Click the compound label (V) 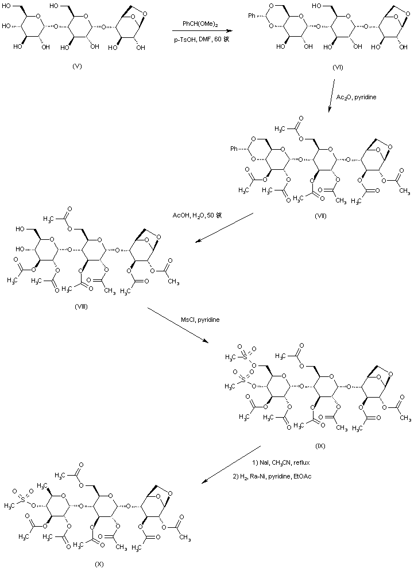click(x=77, y=67)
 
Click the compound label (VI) click(x=338, y=67)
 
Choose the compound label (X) click(x=99, y=563)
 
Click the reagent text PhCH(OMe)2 click(x=198, y=24)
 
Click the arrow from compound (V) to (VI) click(x=198, y=31)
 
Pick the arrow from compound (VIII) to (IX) click(x=179, y=325)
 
